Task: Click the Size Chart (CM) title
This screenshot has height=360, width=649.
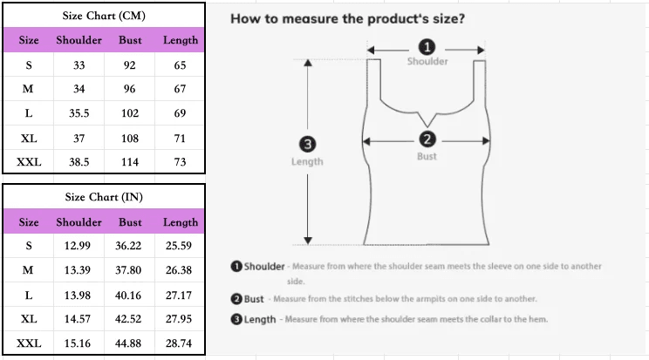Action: point(104,16)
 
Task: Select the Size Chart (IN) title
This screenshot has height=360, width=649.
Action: point(104,197)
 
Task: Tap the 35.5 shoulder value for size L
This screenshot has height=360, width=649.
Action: point(79,113)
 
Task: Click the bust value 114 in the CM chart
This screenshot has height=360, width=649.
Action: point(130,162)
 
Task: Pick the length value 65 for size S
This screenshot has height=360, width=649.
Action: point(180,65)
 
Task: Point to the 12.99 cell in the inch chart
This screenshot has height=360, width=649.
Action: point(78,246)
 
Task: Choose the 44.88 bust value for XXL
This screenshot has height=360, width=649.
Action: point(128,343)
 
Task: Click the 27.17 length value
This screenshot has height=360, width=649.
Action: point(179,295)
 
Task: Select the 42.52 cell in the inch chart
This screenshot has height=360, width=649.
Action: point(128,319)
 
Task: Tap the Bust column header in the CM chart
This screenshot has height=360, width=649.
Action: point(130,40)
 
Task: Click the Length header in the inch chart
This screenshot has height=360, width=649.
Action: point(181,222)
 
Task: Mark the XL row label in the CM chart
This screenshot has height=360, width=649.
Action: point(29,139)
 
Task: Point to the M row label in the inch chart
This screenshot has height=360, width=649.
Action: point(28,270)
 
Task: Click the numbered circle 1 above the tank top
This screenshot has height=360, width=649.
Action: point(427,47)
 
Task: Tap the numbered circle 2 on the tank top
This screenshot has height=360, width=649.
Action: point(427,139)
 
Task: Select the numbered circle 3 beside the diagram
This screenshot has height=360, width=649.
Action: point(308,144)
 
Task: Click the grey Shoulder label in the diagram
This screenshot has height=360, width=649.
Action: point(427,61)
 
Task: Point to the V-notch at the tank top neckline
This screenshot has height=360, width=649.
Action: point(427,125)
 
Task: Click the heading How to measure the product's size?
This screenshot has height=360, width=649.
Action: point(348,18)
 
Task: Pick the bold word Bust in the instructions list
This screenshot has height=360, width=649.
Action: point(254,299)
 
